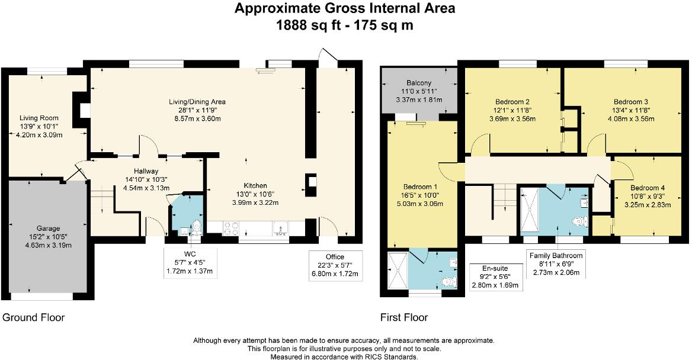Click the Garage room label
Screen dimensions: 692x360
tap(48, 229)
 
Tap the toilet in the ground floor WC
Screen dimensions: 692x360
tap(196, 227)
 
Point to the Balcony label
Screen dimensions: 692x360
tap(419, 83)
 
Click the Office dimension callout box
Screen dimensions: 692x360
tap(335, 266)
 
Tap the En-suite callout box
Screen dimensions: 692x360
tap(495, 277)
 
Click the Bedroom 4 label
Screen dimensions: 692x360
tap(648, 188)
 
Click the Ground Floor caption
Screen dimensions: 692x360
tap(34, 317)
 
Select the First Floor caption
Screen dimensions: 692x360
tap(404, 317)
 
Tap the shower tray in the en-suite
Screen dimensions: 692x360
tap(398, 271)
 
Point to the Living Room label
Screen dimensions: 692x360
tap(39, 118)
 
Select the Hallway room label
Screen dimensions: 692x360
tap(146, 171)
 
